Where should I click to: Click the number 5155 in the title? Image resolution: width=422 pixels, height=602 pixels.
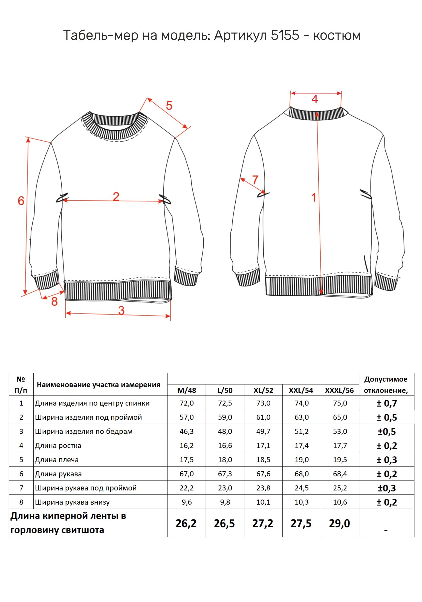[285, 35]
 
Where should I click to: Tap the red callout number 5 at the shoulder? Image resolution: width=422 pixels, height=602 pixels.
[169, 106]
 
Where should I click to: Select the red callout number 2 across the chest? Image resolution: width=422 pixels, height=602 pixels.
[116, 196]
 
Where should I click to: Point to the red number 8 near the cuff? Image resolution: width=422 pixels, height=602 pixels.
[54, 301]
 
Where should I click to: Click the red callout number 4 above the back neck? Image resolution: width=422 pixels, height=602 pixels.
[315, 99]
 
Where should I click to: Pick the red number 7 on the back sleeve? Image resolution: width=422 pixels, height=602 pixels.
[255, 180]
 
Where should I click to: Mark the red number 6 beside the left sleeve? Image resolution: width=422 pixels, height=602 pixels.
[21, 201]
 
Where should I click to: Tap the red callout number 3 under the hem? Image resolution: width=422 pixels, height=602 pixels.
[121, 310]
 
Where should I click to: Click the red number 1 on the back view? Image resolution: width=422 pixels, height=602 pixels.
[314, 198]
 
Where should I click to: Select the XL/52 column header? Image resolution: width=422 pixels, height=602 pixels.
[263, 390]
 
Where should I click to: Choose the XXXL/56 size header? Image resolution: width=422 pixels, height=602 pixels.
[339, 390]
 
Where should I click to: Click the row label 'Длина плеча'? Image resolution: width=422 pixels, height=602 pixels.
[57, 460]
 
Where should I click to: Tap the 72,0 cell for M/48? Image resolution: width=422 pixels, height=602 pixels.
[187, 403]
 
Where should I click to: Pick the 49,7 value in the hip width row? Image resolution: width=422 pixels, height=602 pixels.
[263, 432]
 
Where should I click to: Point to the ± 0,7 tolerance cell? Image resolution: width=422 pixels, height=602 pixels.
[387, 403]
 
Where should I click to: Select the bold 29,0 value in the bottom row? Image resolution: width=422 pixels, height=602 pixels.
[339, 523]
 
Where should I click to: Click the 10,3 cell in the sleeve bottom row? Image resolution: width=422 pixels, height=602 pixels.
[302, 502]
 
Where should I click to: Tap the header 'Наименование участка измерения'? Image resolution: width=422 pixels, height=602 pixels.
[99, 385]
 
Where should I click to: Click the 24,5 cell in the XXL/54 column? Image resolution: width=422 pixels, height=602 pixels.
[302, 488]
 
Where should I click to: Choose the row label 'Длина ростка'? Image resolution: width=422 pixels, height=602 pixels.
[58, 445]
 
